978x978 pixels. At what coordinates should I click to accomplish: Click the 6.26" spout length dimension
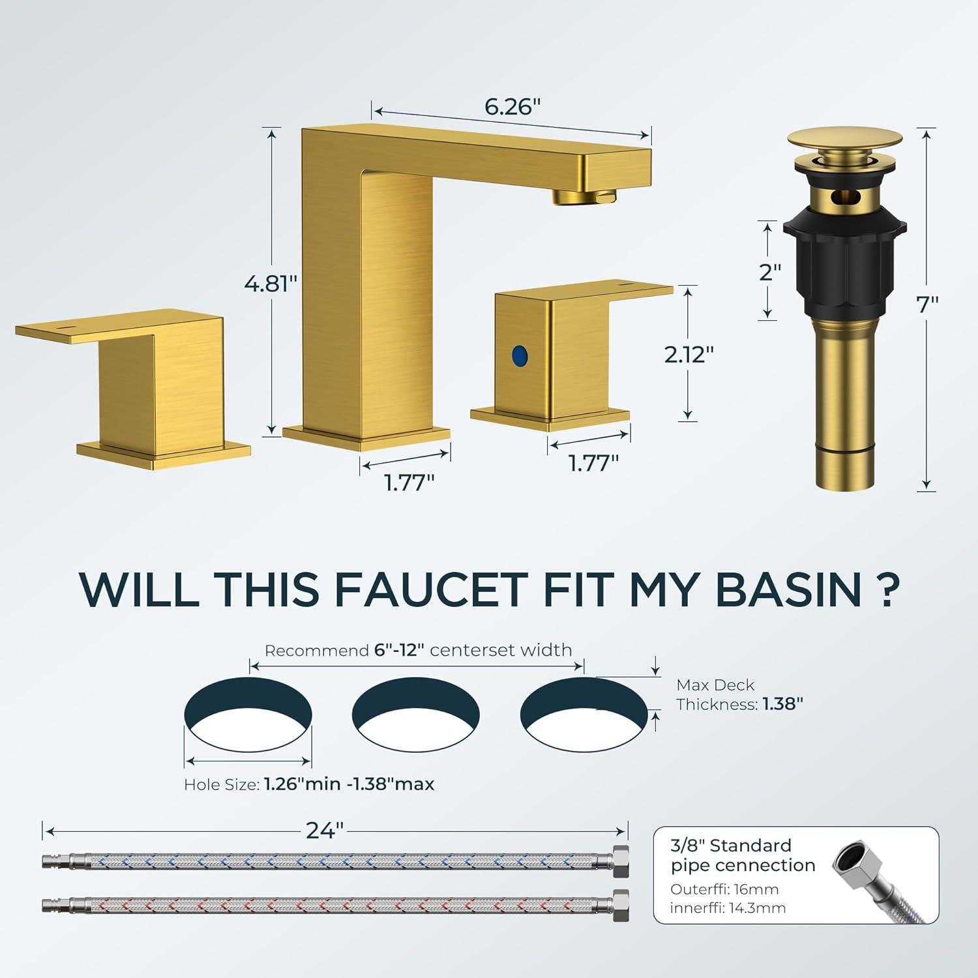[x=512, y=106]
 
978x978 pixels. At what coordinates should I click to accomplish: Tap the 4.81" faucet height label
[x=271, y=284]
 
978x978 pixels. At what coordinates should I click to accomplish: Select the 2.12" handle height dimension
[x=689, y=354]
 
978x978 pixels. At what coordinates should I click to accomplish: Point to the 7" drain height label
[x=926, y=304]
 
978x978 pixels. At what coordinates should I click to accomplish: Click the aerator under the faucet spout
[x=585, y=195]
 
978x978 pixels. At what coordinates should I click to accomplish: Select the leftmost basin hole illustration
[x=248, y=715]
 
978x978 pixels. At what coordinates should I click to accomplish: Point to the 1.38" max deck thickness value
[x=783, y=704]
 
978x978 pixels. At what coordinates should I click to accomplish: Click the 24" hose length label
[x=325, y=831]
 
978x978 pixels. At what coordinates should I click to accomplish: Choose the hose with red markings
[x=336, y=906]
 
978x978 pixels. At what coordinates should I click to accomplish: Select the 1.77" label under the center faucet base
[x=409, y=483]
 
